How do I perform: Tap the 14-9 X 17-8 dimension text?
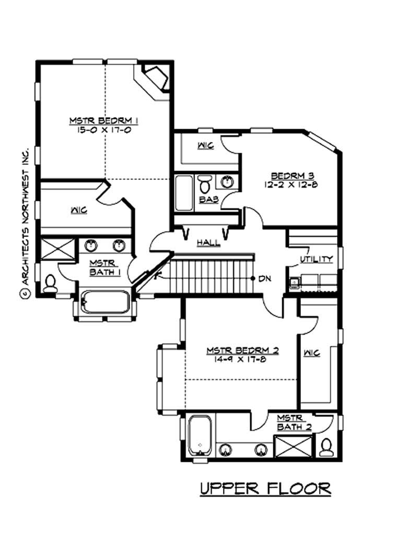point(242,359)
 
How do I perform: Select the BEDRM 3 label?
point(292,176)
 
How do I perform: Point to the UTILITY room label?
point(316,259)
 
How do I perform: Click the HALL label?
point(208,243)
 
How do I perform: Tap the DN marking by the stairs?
point(264,278)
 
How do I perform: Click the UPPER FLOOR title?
point(265,488)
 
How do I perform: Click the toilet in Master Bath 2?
point(327,447)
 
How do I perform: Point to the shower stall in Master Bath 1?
point(53,248)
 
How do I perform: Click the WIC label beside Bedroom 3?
point(205,145)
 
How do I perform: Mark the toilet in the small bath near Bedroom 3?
point(205,184)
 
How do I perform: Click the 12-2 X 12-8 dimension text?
point(292,184)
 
